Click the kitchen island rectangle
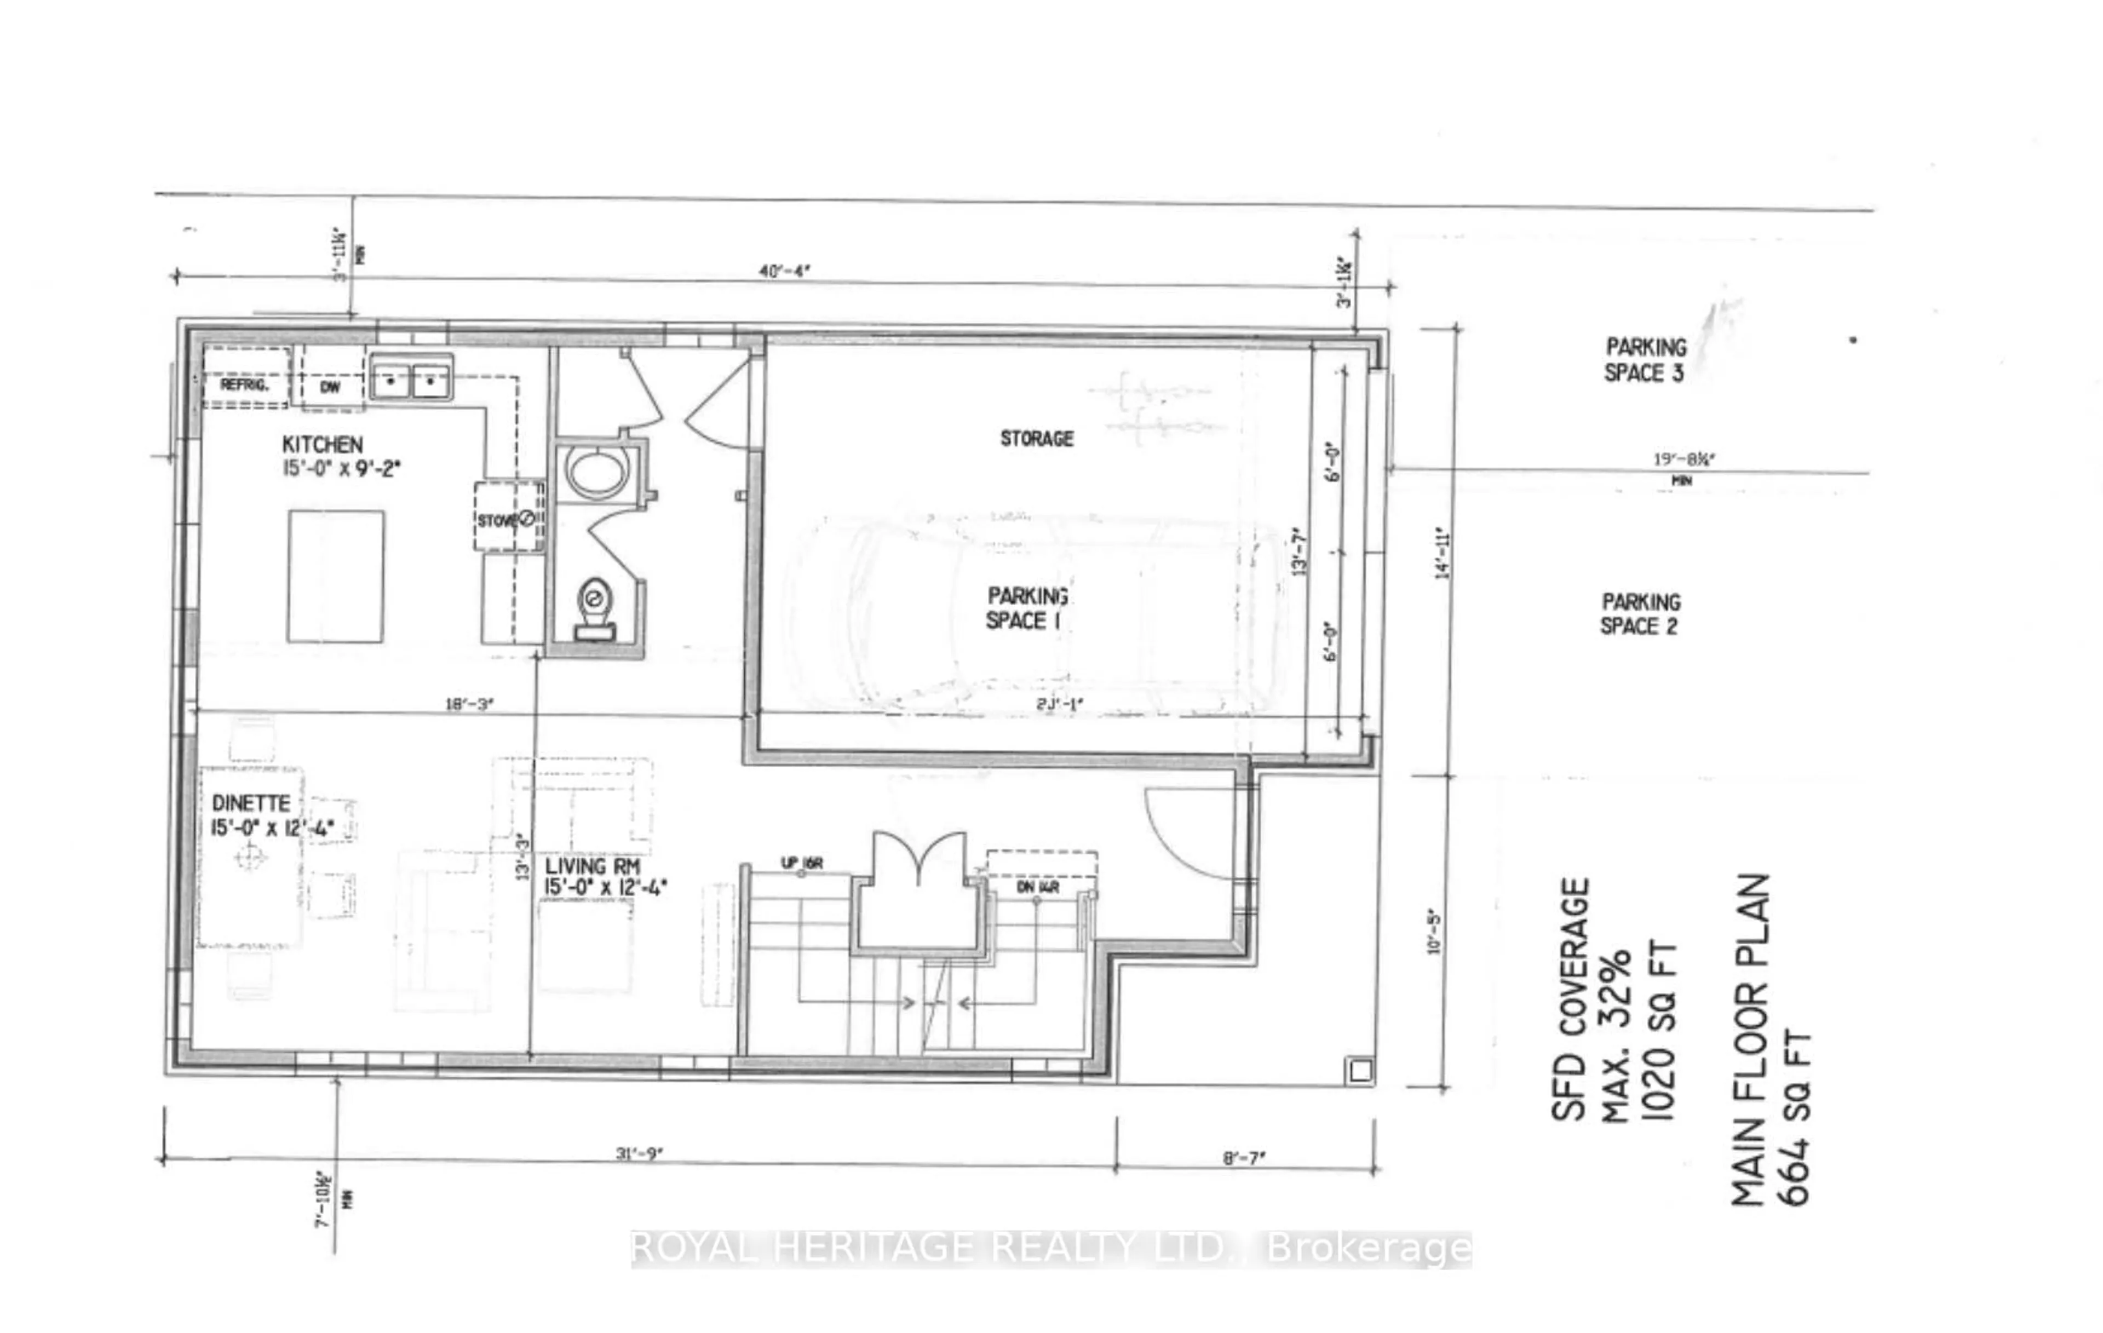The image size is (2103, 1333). [x=335, y=577]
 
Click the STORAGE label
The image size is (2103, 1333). [x=1037, y=439]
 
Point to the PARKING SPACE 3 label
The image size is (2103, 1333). [x=1645, y=360]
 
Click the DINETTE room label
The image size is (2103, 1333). [x=251, y=803]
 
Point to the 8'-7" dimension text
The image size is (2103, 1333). [x=1244, y=1158]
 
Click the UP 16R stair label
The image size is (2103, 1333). [x=801, y=864]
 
